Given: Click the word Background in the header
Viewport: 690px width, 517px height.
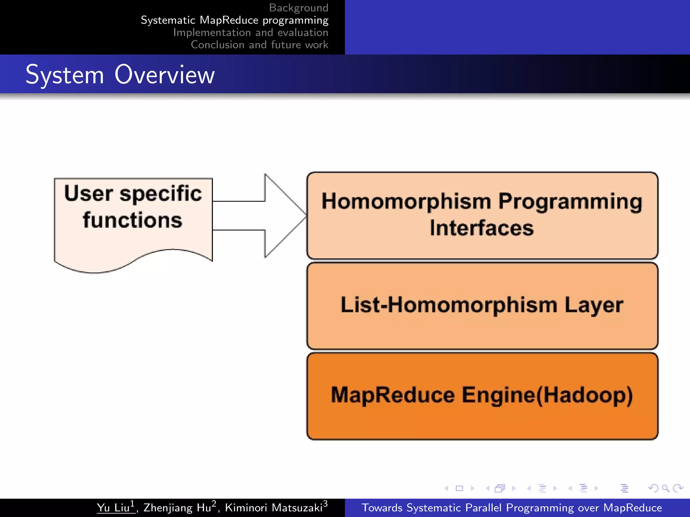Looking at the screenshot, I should tap(299, 8).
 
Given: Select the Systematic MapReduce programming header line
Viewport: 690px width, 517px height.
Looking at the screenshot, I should tap(234, 20).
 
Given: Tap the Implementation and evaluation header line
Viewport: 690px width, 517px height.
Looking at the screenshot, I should tap(250, 32).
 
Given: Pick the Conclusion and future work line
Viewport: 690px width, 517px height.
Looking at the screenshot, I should tap(259, 45).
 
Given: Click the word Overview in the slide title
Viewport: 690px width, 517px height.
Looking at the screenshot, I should tap(164, 74).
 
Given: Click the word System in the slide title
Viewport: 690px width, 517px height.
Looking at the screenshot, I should tap(65, 75).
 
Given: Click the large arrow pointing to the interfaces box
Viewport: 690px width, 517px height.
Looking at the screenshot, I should tap(263, 216).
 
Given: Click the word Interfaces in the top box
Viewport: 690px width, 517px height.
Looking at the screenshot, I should tap(482, 228).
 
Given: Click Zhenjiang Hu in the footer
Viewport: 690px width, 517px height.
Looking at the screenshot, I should tap(177, 508).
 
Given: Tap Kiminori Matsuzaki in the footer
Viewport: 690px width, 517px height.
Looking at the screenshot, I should tap(274, 508).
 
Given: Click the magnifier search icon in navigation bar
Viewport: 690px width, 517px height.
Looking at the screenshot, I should tap(665, 488).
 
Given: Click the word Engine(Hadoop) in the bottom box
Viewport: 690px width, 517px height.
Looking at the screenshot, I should tap(547, 395).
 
